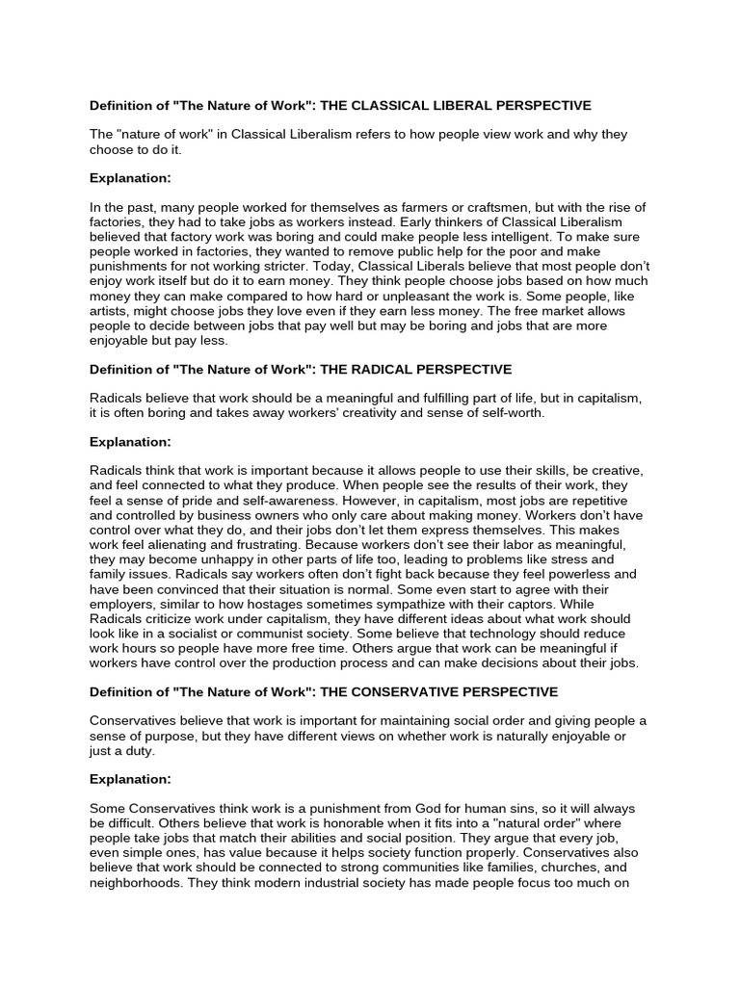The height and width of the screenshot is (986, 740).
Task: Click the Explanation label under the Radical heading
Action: click(130, 442)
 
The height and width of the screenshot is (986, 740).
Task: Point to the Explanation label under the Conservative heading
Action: click(130, 778)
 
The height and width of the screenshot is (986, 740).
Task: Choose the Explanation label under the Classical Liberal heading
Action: click(130, 177)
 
